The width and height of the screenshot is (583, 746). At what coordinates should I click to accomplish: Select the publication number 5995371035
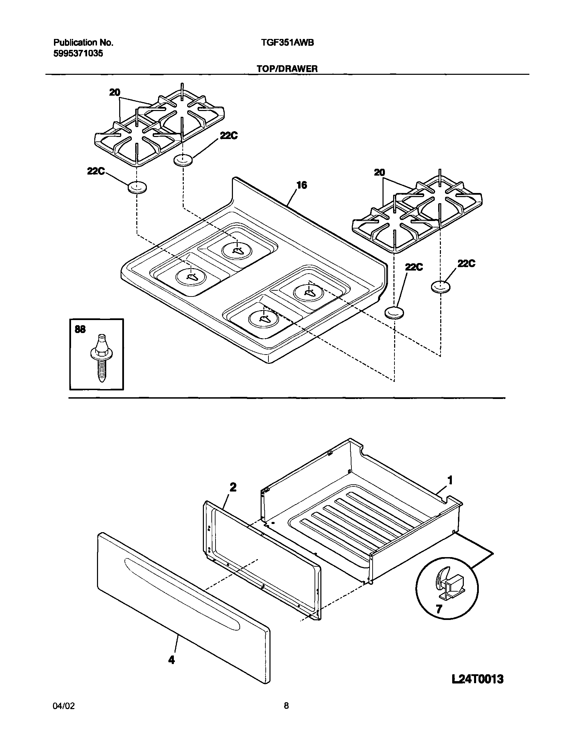[78, 54]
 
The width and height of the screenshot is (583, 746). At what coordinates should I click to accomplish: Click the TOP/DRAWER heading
[287, 69]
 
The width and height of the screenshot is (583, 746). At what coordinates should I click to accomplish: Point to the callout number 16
[301, 185]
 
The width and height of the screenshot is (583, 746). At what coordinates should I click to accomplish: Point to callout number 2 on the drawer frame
[233, 487]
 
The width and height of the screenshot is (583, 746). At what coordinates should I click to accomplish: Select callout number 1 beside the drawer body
[450, 481]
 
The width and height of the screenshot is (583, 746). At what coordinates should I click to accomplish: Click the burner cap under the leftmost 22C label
[137, 188]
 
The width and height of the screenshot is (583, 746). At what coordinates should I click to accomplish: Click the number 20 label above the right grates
[379, 173]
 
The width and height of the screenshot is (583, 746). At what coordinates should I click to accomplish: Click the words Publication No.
[83, 43]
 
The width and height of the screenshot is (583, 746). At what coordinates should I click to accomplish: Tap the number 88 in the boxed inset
[80, 329]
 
